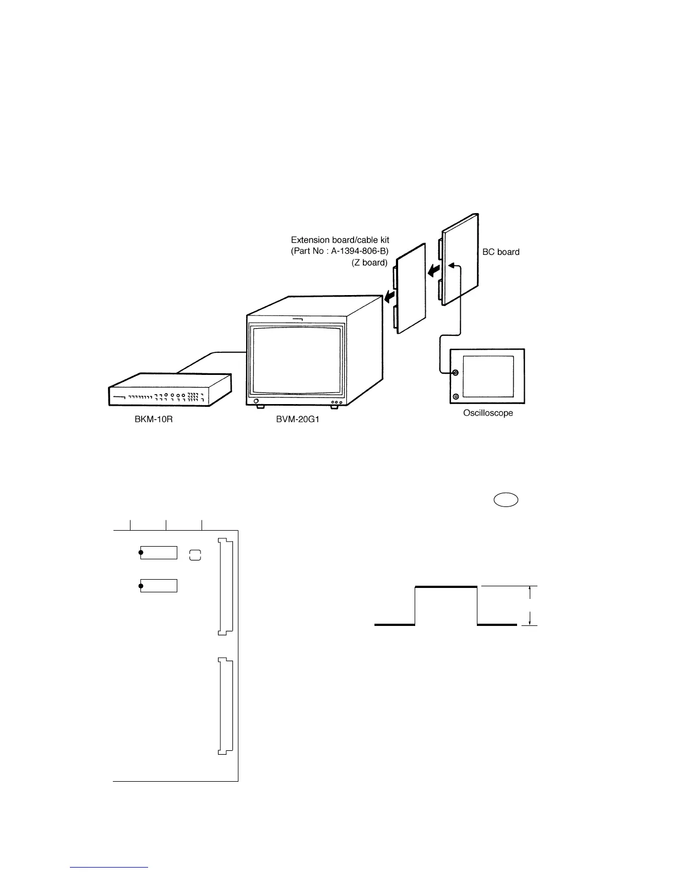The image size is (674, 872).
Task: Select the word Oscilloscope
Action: pos(487,413)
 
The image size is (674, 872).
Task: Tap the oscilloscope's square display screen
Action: pos(488,376)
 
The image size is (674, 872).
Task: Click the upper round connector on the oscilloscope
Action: pos(455,373)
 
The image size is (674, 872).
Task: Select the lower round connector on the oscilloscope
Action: pos(455,396)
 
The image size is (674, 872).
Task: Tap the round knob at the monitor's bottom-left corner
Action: pos(256,401)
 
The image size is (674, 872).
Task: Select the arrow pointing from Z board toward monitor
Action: pos(390,297)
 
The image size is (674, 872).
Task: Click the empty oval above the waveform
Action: pos(506,500)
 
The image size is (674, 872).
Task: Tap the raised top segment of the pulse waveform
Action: pos(445,587)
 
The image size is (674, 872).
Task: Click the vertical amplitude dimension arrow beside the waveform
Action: pos(530,606)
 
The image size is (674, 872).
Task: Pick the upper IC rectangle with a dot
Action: pos(159,553)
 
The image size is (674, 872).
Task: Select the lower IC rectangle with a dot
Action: pos(159,586)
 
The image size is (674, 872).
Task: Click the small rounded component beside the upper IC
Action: pos(195,555)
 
